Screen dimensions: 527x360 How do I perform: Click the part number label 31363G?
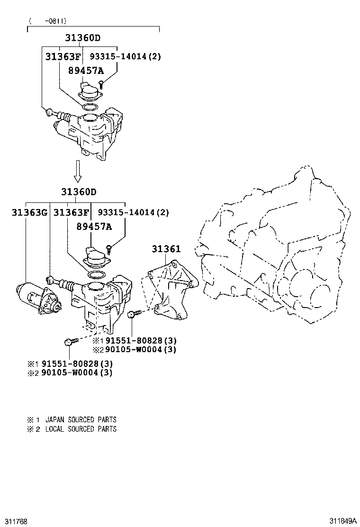29,213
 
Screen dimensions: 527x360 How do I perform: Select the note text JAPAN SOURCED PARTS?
81,419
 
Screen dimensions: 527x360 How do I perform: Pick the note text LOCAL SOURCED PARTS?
81,429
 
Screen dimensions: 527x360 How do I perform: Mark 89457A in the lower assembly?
94,227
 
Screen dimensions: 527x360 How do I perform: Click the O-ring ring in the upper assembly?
91,107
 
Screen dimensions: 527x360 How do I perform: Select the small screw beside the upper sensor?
101,84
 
